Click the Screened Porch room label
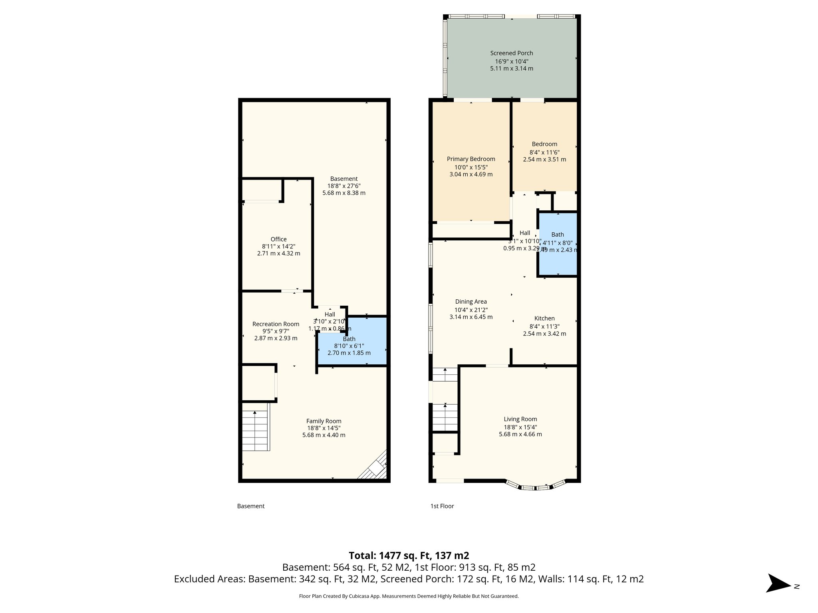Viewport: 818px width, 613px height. [511, 53]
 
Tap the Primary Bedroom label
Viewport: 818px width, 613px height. [471, 159]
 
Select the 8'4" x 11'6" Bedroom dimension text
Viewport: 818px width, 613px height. [544, 152]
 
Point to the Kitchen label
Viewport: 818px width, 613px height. [544, 318]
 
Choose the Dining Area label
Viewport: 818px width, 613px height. [471, 302]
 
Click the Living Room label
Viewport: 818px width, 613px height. [520, 419]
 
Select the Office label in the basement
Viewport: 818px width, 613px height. [278, 239]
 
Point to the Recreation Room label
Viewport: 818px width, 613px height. [276, 324]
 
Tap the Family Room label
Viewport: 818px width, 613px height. [324, 421]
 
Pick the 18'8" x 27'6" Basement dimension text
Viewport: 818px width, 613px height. [343, 186]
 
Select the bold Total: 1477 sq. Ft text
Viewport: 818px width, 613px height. [409, 556]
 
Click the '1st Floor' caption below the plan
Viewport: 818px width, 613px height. [442, 506]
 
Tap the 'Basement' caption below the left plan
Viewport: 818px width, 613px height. [250, 506]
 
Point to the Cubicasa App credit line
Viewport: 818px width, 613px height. [409, 596]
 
